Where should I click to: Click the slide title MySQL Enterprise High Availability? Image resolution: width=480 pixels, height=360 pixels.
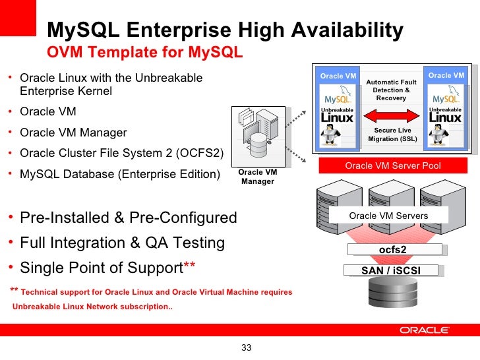tap(225, 30)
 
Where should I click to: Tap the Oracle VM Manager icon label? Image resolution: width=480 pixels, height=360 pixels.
tap(257, 177)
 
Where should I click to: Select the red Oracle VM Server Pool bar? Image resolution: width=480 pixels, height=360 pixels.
tap(392, 165)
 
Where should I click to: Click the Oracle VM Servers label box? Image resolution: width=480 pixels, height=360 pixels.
tap(388, 216)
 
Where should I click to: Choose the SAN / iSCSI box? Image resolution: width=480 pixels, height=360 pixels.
tap(391, 270)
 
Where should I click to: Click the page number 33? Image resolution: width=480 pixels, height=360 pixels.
tap(247, 347)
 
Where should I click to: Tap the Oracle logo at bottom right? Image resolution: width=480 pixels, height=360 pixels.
tap(425, 330)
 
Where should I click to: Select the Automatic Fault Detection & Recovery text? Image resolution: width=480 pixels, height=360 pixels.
tap(392, 90)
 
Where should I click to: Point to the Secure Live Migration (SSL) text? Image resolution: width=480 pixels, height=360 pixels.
tap(392, 135)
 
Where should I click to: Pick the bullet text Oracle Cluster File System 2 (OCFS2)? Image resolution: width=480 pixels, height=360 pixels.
tap(122, 154)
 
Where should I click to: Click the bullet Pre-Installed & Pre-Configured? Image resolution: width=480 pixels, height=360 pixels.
tap(129, 218)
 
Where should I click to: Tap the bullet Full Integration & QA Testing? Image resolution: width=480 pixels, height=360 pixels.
tap(123, 243)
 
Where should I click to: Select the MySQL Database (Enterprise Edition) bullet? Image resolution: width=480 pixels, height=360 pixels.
tap(119, 175)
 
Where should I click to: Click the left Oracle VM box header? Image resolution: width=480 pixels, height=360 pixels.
tap(338, 76)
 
